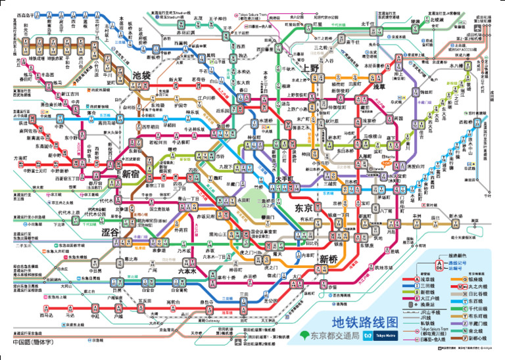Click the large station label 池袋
[x=142, y=76]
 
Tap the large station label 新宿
[x=131, y=173]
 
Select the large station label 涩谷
[x=110, y=233]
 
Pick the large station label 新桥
[x=328, y=259]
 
